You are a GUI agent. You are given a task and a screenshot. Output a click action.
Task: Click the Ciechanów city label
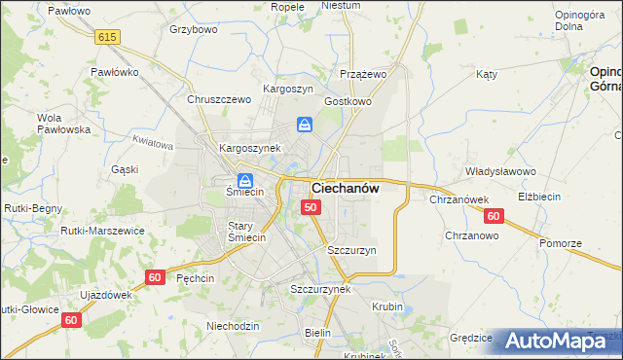(345, 188)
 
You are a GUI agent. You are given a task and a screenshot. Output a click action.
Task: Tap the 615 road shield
(108, 36)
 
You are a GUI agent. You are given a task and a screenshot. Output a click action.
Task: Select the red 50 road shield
(311, 207)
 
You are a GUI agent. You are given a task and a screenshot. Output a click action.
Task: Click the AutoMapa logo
(559, 341)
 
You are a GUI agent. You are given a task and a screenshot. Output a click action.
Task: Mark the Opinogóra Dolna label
(581, 20)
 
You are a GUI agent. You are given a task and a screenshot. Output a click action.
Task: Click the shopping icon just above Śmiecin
(244, 180)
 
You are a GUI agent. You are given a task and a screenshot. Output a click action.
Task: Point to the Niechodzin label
(233, 326)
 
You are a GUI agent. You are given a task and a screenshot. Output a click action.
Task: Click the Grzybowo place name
(193, 29)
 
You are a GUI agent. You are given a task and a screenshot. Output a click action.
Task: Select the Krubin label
(386, 306)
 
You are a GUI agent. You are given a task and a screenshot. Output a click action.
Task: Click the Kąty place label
(487, 74)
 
